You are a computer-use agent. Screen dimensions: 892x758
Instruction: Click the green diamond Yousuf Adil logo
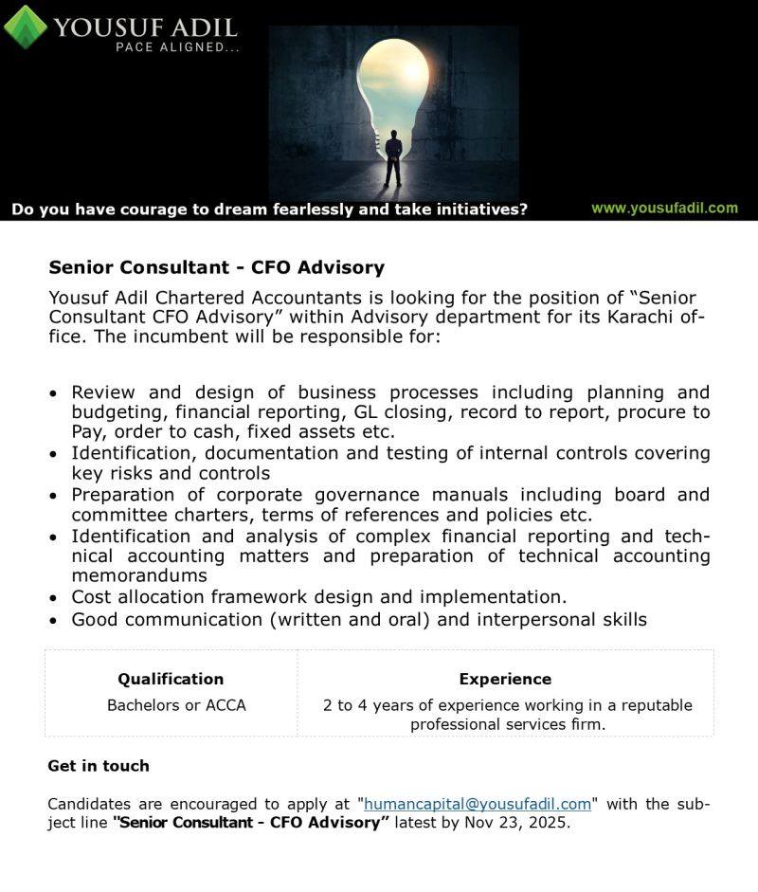tap(26, 26)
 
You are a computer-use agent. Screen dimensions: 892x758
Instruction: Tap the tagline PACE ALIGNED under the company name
tap(177, 47)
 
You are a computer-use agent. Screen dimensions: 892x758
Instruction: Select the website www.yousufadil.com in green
tap(664, 208)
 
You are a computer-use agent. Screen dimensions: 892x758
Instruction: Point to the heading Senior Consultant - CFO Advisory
tap(216, 267)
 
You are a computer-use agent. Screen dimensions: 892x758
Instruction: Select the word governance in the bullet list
tap(368, 495)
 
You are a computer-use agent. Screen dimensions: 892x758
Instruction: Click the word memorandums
tap(139, 575)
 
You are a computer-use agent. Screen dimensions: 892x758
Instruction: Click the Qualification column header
tap(171, 679)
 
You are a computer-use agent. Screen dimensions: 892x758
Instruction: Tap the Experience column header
tap(505, 679)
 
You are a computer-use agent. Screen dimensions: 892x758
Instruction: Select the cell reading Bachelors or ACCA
tap(176, 705)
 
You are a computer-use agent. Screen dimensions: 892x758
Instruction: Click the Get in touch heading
tap(99, 766)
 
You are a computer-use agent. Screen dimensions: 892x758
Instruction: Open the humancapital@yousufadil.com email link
tap(478, 804)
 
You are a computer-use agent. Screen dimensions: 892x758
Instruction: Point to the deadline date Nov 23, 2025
tap(516, 823)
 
